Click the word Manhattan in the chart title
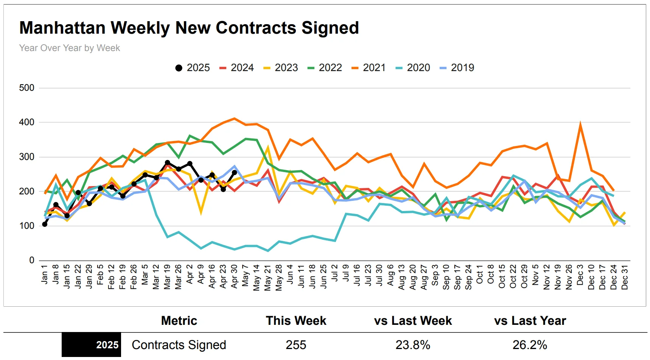[x=62, y=28]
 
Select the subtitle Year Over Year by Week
[x=70, y=48]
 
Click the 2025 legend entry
[x=193, y=68]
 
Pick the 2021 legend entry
[x=369, y=68]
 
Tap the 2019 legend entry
[x=457, y=68]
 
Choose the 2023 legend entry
[x=280, y=68]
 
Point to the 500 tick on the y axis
[x=26, y=88]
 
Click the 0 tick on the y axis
[x=32, y=260]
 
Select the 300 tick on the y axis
[x=26, y=157]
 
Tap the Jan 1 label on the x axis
[x=44, y=274]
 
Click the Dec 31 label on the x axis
[x=625, y=277]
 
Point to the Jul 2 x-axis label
[x=334, y=273]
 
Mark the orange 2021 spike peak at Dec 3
[x=580, y=124]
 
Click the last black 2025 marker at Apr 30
[x=234, y=172]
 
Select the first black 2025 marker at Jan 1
[x=45, y=224]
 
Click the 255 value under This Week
[x=296, y=345]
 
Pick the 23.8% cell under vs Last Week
[x=413, y=345]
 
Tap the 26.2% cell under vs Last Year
[x=530, y=345]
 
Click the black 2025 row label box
[x=92, y=345]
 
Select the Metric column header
[x=179, y=321]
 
